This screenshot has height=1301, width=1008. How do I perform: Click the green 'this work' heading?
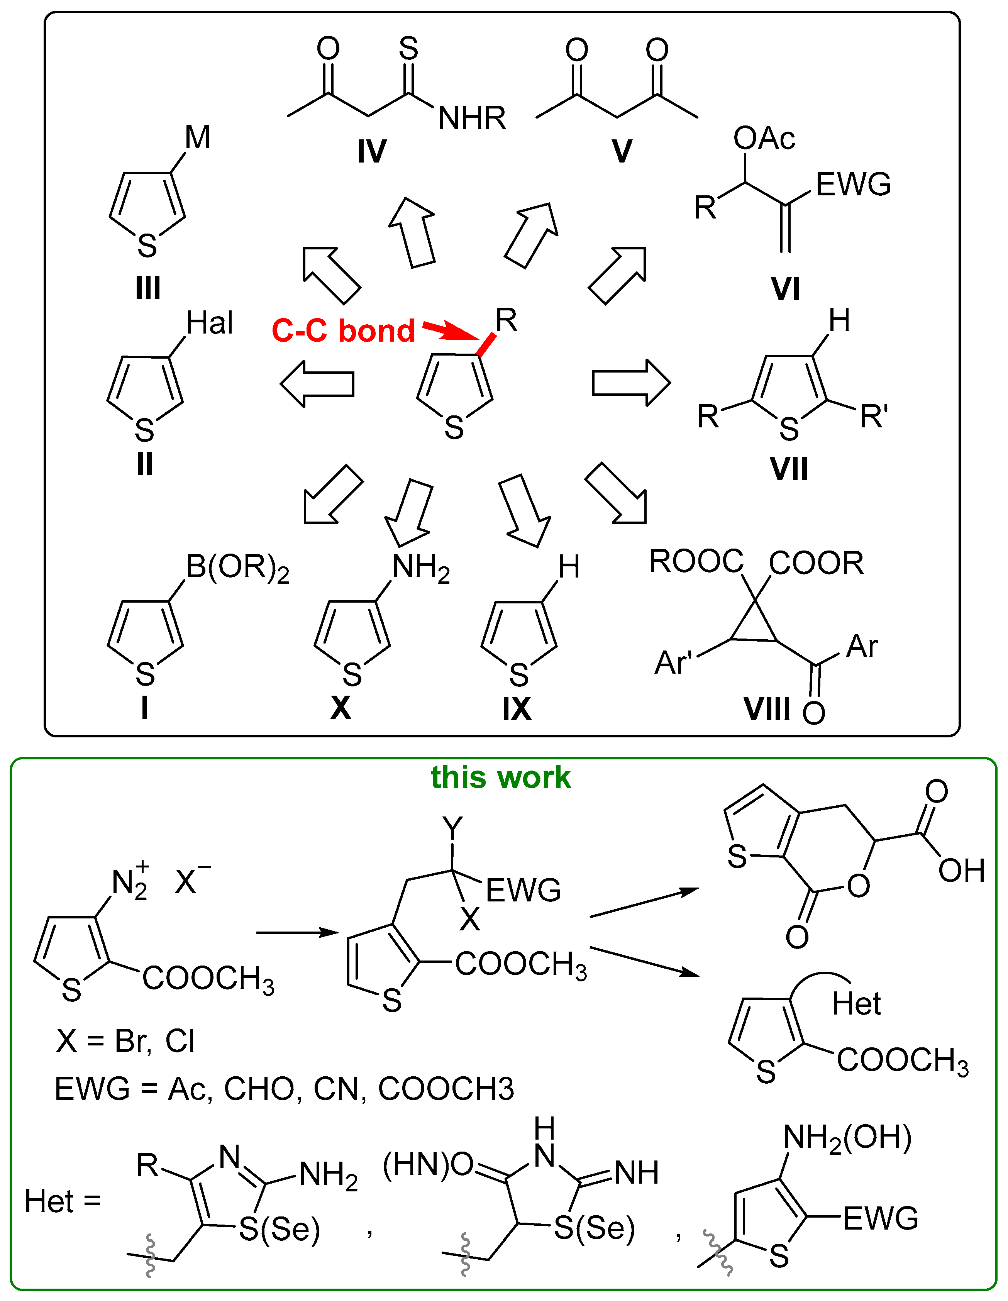pyautogui.click(x=500, y=778)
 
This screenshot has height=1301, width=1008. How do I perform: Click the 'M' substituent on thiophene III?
pyautogui.click(x=197, y=137)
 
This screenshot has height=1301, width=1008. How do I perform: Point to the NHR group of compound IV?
pyautogui.click(x=472, y=118)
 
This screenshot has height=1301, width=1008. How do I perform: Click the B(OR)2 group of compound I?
pyautogui.click(x=237, y=567)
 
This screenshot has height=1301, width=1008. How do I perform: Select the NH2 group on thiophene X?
pyautogui.click(x=420, y=568)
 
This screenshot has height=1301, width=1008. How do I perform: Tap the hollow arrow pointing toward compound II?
pyautogui.click(x=317, y=384)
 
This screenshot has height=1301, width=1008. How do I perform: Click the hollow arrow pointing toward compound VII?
pyautogui.click(x=631, y=383)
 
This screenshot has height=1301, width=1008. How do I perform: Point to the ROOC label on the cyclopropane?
pyautogui.click(x=696, y=561)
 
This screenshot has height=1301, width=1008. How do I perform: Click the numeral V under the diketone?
pyautogui.click(x=621, y=151)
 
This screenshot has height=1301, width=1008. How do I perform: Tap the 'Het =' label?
pyautogui.click(x=63, y=1201)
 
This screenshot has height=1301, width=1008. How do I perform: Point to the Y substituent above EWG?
pyautogui.click(x=453, y=827)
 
